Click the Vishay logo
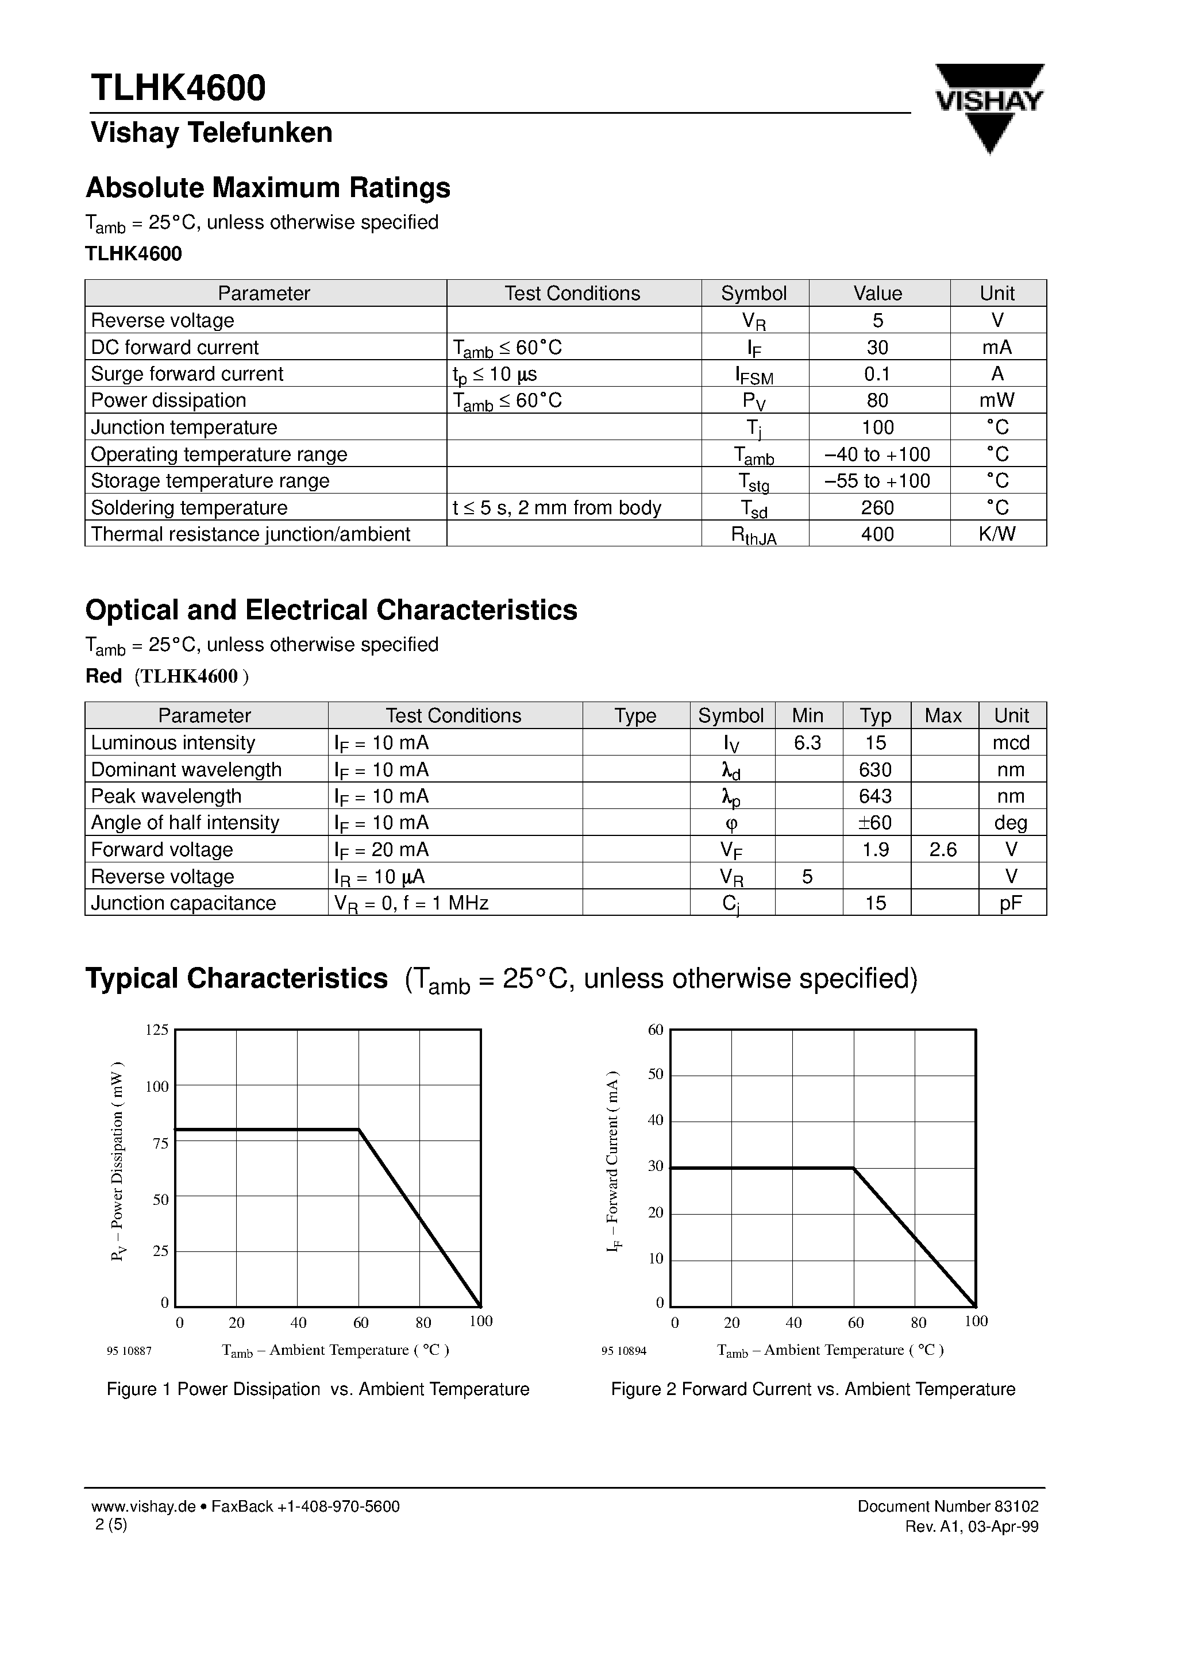[x=989, y=107]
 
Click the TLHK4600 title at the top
[x=178, y=88]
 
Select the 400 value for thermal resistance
[x=877, y=534]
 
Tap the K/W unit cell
[x=997, y=534]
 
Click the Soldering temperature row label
[x=189, y=508]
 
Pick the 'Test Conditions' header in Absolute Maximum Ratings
[x=572, y=294]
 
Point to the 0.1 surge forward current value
[x=877, y=374]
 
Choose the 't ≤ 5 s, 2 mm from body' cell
[x=557, y=508]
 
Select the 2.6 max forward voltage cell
[x=943, y=850]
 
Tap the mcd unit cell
[x=1011, y=743]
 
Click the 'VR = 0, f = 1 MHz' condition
[x=411, y=903]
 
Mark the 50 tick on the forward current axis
[x=655, y=1074]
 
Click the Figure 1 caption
[x=318, y=1389]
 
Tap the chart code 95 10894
[x=623, y=1351]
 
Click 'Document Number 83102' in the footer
[x=947, y=1506]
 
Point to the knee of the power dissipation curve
[x=359, y=1129]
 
